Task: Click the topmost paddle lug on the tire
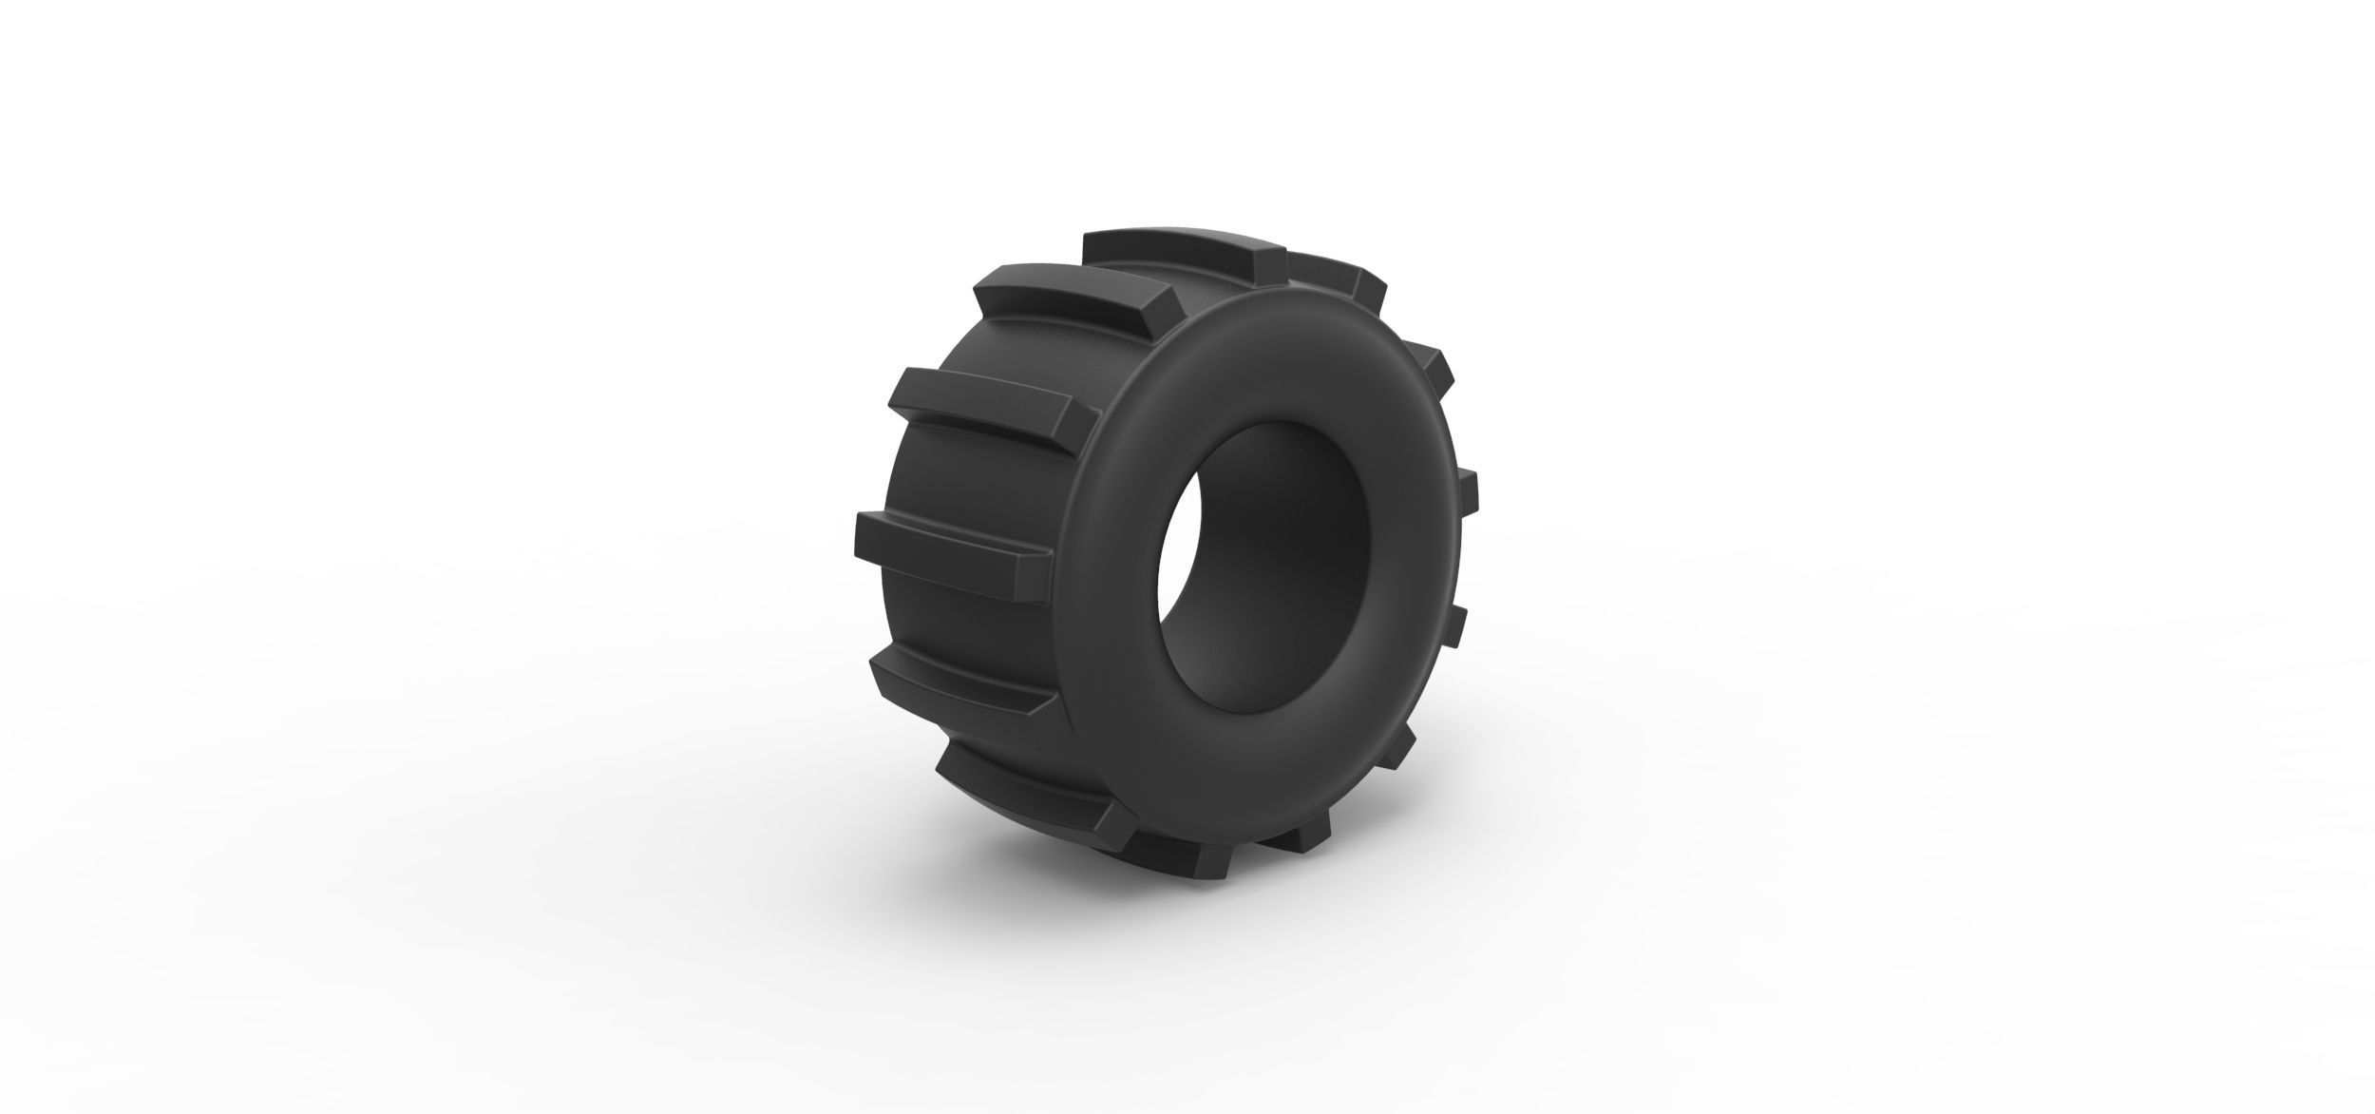pyautogui.click(x=1178, y=249)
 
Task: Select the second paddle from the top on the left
pyautogui.click(x=1073, y=292)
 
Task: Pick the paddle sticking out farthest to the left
pyautogui.click(x=950, y=547)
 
